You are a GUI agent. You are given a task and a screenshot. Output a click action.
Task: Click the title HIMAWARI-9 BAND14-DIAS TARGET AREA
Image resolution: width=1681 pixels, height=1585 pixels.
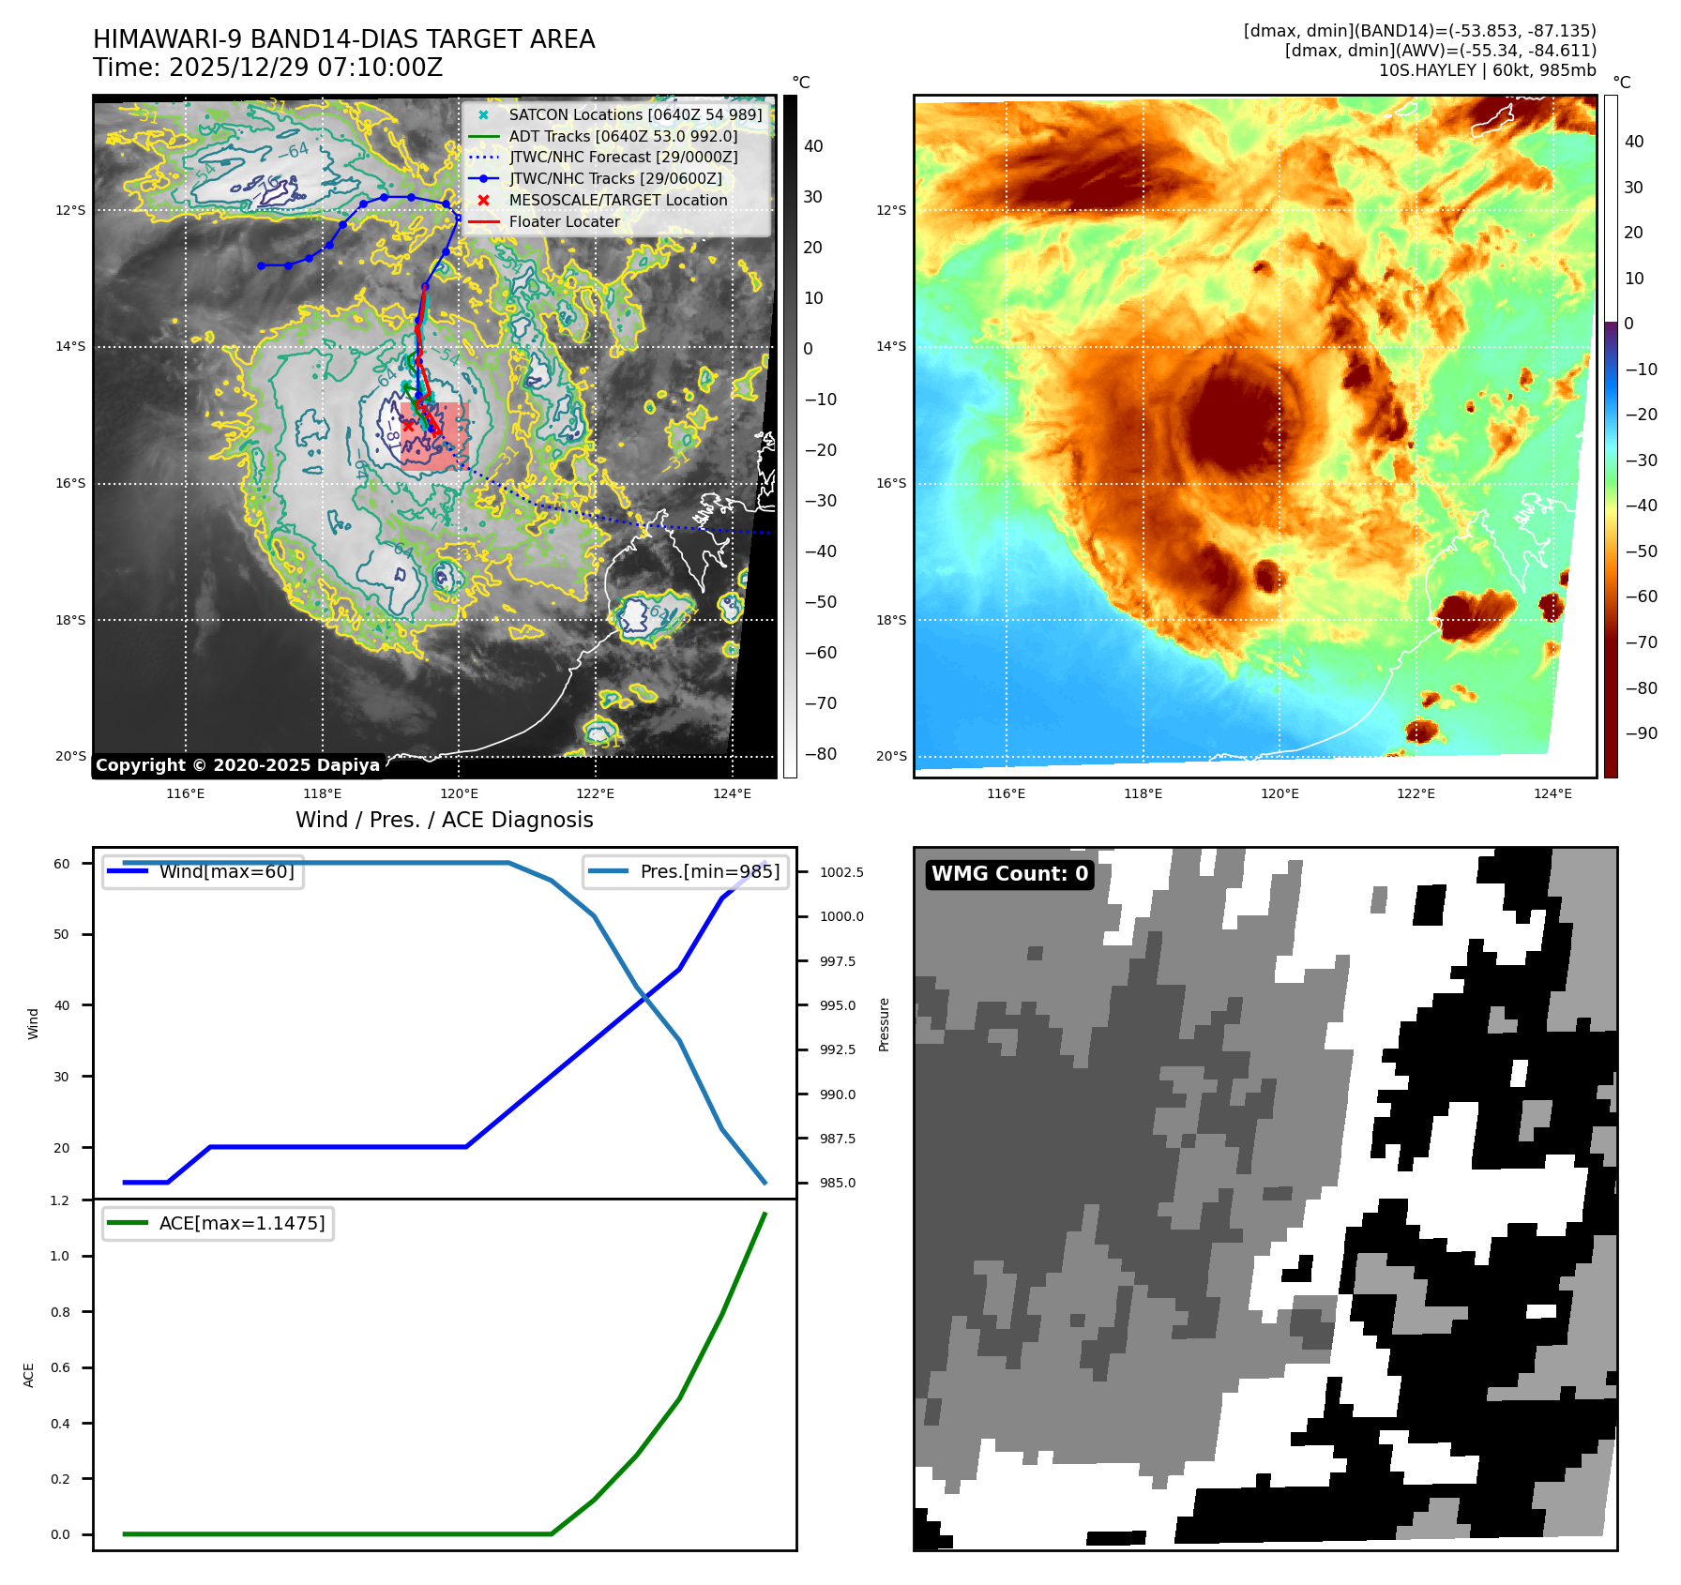coord(343,39)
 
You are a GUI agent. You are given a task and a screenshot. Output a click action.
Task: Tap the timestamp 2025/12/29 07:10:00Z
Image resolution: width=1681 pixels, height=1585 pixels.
coord(305,68)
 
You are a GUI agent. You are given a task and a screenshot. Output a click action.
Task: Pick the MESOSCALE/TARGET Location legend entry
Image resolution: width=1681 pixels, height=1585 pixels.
coord(617,200)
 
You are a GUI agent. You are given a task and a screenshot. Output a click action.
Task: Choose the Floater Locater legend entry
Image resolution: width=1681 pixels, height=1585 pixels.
coord(564,221)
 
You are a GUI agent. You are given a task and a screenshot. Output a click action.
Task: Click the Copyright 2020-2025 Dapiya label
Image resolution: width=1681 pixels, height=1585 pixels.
coord(237,765)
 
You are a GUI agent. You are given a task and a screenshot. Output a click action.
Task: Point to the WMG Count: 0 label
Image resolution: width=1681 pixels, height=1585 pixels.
coord(1009,874)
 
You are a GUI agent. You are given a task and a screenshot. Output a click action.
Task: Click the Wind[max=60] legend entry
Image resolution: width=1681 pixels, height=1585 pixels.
coord(226,871)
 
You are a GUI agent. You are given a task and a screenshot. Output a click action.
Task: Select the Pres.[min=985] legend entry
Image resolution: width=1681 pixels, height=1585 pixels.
coord(709,871)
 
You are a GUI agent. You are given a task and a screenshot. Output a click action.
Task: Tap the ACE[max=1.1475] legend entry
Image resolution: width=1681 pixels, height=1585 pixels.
coord(241,1223)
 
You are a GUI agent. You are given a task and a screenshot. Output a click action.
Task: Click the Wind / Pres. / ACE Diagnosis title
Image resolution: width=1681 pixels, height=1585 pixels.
coord(444,820)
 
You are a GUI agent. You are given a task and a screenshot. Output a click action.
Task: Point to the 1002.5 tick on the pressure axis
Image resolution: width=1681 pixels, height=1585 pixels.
coord(841,872)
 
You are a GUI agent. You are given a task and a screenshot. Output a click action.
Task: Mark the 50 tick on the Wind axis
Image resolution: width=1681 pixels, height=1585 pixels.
coord(61,934)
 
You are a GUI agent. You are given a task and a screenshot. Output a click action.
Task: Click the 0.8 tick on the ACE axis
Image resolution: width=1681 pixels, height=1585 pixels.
coord(60,1312)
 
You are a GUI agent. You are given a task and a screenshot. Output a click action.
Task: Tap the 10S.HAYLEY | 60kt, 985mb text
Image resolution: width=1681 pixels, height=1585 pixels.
coord(1487,70)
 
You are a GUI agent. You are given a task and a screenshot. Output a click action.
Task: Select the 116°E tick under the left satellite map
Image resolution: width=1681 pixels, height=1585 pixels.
coord(185,794)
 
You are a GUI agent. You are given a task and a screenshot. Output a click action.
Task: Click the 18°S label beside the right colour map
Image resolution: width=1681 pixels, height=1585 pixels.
coord(891,620)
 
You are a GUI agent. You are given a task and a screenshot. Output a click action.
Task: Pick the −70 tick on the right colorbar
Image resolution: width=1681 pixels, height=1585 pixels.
coord(1641,642)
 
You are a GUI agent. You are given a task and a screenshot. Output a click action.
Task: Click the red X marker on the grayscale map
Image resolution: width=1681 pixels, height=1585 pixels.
coord(409,426)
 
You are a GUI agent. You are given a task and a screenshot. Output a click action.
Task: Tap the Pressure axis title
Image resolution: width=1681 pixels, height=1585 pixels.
coord(884,1024)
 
